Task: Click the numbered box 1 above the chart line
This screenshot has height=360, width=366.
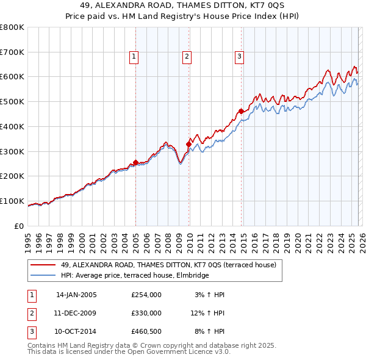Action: pyautogui.click(x=134, y=57)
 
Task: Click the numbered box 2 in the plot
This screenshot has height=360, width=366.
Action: pyautogui.click(x=187, y=57)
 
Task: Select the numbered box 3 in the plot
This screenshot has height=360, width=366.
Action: pyautogui.click(x=240, y=57)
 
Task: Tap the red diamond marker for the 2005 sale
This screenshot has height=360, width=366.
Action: pyautogui.click(x=135, y=162)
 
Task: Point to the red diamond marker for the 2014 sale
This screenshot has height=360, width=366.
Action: pyautogui.click(x=241, y=111)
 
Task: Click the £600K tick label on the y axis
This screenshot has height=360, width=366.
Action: pyautogui.click(x=12, y=77)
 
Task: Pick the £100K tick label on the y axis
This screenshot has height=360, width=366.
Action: pyautogui.click(x=12, y=201)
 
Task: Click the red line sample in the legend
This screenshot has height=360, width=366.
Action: pyautogui.click(x=43, y=265)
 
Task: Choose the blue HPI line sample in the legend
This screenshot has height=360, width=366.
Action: pyautogui.click(x=43, y=276)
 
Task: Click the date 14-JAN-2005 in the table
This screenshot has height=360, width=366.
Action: pyautogui.click(x=76, y=295)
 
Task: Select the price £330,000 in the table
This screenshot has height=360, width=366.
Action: pyautogui.click(x=146, y=312)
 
